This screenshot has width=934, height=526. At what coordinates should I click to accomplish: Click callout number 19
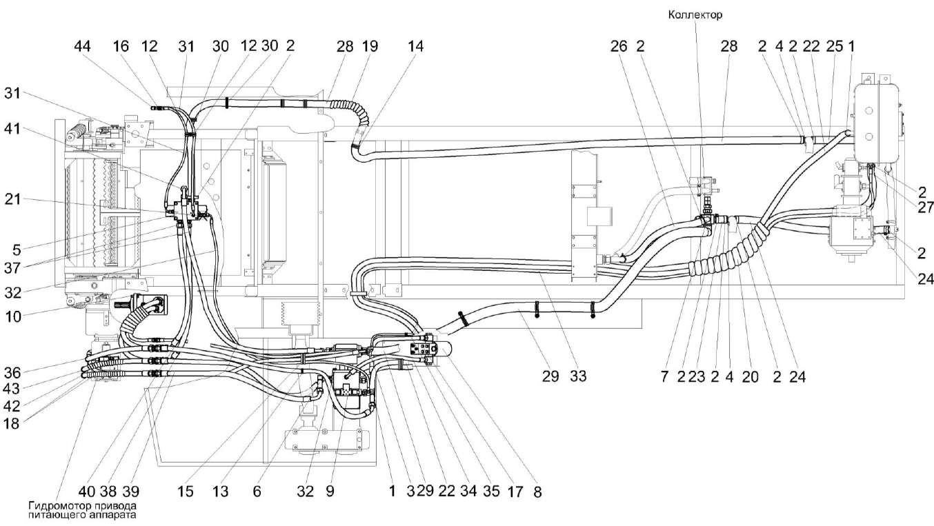point(370,47)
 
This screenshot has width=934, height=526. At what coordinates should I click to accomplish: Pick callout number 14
point(415,47)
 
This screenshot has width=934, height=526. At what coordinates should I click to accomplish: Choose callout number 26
point(618,47)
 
